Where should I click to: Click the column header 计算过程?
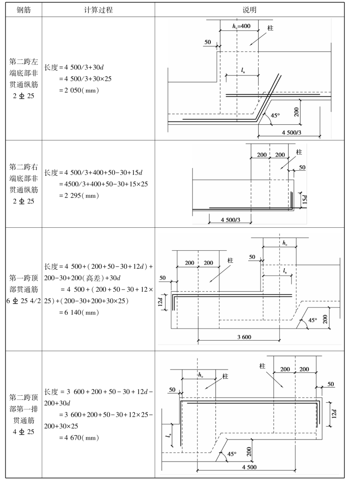99,9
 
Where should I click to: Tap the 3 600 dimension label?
238,336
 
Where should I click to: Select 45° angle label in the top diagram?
275,116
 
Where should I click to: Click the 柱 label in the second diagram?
299,152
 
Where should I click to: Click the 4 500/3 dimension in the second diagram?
230,220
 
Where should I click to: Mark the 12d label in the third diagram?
160,303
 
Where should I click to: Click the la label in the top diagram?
244,70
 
